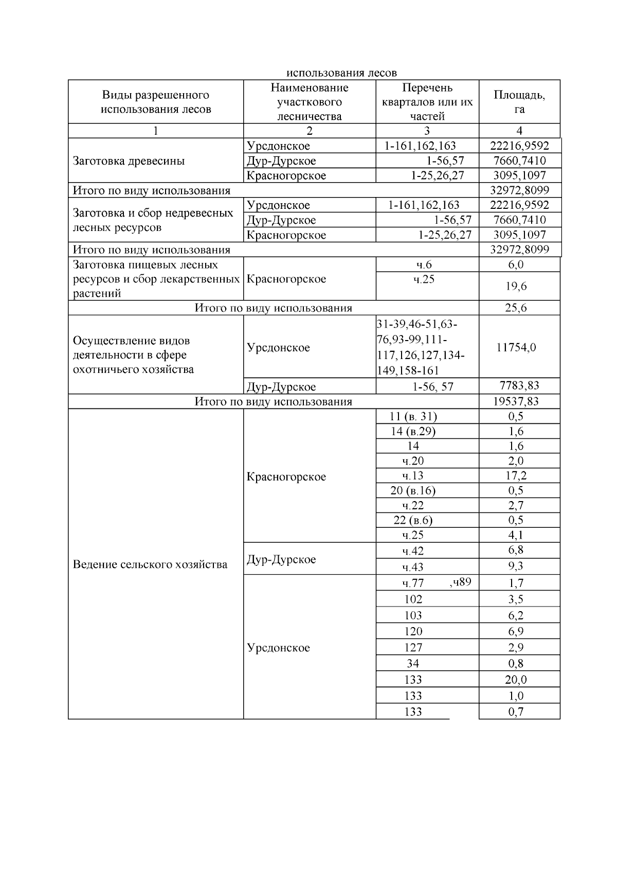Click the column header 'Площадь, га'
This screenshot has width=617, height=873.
519,102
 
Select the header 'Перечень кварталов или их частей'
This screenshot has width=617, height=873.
427,102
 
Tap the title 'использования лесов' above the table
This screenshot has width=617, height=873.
341,73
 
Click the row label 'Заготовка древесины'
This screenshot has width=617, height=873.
129,161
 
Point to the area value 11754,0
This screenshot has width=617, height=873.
516,347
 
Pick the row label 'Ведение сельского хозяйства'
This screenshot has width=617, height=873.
150,564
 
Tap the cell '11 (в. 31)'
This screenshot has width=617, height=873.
413,417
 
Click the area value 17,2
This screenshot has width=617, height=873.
516,476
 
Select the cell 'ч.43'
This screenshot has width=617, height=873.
413,567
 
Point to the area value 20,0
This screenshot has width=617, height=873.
516,680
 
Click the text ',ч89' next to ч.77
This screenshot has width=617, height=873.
460,582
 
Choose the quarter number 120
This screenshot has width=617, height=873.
413,631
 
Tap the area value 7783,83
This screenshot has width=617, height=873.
519,386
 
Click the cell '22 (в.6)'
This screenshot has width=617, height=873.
413,520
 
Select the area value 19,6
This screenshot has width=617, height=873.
516,287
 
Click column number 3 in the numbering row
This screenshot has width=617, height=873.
427,131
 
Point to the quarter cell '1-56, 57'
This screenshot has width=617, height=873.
433,387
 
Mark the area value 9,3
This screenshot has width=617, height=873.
516,566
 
